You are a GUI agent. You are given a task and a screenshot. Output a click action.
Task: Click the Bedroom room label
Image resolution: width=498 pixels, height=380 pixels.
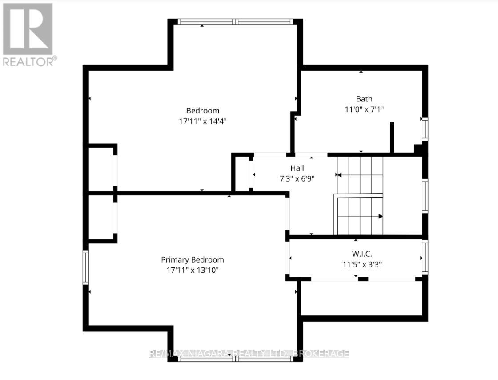(202, 111)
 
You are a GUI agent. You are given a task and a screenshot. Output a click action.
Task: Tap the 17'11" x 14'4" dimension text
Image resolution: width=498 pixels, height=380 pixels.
(202, 121)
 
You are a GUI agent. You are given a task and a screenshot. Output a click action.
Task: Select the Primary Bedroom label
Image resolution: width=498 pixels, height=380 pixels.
(192, 260)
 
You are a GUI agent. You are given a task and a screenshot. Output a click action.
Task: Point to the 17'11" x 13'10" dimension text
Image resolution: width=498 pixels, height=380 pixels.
(192, 270)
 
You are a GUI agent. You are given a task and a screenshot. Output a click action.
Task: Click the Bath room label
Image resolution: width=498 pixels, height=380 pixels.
(364, 99)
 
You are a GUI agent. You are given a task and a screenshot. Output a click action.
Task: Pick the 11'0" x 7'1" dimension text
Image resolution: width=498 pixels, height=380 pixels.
(364, 109)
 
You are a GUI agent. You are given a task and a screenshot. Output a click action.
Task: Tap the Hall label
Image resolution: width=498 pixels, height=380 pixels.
(297, 168)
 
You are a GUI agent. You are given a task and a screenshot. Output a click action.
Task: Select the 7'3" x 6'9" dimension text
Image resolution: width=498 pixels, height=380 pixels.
(297, 178)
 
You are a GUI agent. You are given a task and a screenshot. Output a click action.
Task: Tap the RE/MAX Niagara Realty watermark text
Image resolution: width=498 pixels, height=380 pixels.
(249, 354)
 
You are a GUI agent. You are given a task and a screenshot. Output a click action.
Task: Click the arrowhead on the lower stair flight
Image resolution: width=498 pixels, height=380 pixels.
(380, 217)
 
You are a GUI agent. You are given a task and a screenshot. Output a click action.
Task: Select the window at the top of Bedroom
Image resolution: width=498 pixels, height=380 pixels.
(235, 21)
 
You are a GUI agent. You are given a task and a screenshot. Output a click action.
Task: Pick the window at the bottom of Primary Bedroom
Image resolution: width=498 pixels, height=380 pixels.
(235, 358)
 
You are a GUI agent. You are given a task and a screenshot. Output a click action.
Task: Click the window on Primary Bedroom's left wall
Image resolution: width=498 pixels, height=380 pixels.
(86, 267)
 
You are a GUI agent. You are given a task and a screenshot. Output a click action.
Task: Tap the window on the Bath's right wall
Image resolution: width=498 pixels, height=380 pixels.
(425, 129)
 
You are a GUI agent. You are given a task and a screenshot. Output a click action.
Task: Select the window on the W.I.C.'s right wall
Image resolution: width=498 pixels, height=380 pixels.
(425, 257)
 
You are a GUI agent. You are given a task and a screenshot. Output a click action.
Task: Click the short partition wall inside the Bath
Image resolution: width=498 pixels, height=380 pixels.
(392, 137)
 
